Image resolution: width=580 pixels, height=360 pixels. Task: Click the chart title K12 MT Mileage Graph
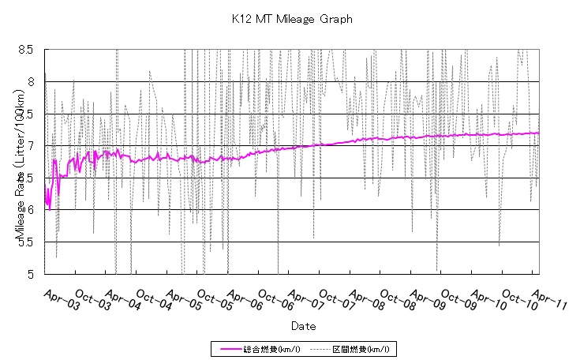pyautogui.click(x=292, y=18)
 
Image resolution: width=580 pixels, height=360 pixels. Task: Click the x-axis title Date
pyautogui.click(x=303, y=324)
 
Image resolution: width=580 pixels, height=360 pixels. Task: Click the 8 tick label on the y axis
pyautogui.click(x=29, y=81)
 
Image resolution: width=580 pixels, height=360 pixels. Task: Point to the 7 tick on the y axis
pyautogui.click(x=29, y=145)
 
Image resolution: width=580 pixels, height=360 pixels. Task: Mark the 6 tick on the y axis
pyautogui.click(x=29, y=210)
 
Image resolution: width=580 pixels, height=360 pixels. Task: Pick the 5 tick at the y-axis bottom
pyautogui.click(x=29, y=274)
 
